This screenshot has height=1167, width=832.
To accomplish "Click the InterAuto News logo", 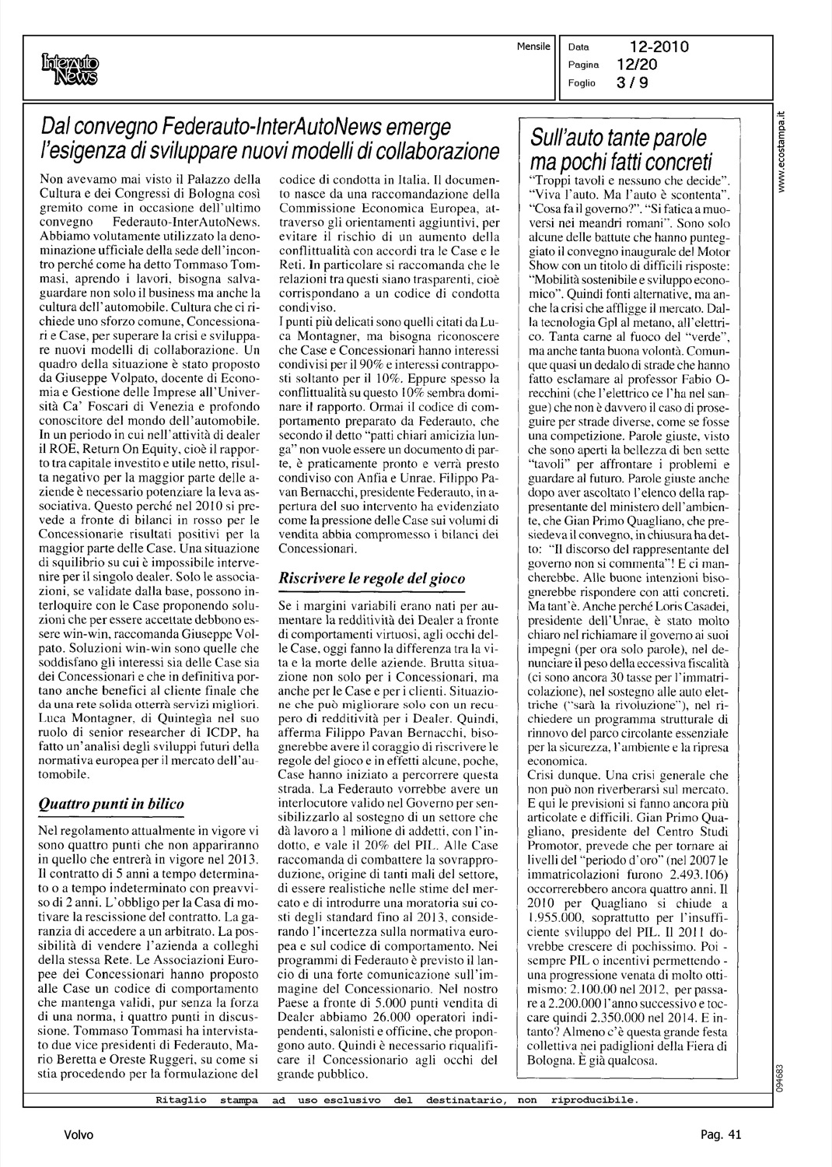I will [71, 67].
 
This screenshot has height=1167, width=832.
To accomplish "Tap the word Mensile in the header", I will [533, 47].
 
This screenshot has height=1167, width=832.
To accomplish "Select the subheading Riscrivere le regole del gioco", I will [372, 578].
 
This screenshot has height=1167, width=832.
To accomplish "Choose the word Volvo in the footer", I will [79, 1135].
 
